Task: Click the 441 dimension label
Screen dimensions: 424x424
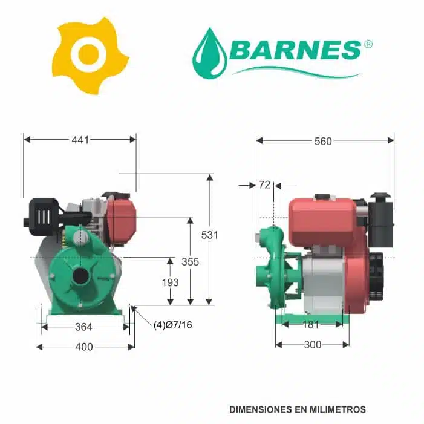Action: [80, 140]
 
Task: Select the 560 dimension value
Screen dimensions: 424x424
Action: [323, 141]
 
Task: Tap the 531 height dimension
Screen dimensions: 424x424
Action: [209, 235]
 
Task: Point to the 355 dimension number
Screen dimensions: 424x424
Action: [190, 261]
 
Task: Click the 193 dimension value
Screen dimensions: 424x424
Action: [170, 282]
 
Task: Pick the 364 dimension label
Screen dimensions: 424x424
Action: [83, 327]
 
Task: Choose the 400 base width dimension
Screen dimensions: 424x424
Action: [84, 347]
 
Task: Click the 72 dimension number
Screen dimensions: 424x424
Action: [265, 184]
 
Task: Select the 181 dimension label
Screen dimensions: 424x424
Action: [311, 324]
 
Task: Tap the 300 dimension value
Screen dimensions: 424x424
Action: [313, 345]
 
